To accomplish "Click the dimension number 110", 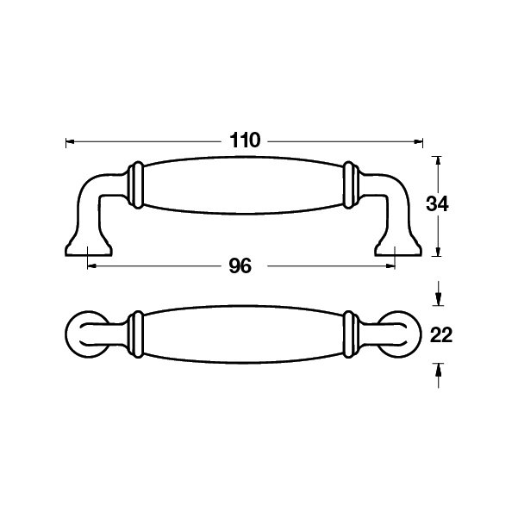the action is pos(245,140).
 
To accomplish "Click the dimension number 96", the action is pos(240,266).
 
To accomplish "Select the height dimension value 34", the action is pos(437,203).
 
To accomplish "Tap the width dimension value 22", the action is pos(441,335).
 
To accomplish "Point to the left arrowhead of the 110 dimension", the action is pos(70,142).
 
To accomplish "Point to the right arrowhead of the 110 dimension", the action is pos(419,142).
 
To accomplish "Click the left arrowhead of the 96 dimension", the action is pos(91,265).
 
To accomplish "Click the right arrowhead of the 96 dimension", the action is pos(390,265).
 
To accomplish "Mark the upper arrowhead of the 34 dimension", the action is pos(438,160).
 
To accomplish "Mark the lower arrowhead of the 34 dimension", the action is pos(438,252).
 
